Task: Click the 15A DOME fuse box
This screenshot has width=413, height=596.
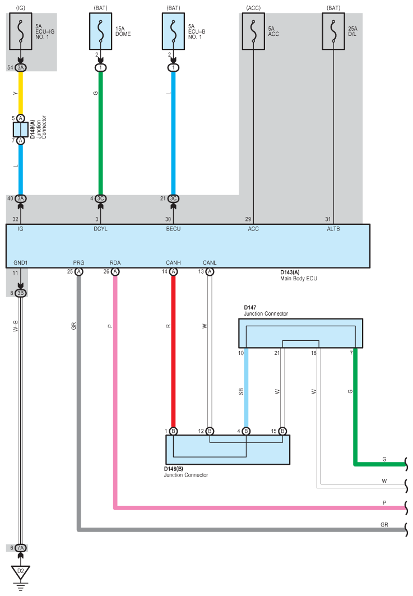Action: pyautogui.click(x=101, y=31)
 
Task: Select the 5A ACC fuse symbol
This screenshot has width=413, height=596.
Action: pyautogui.click(x=253, y=31)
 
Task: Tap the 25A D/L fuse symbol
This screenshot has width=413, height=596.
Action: pyautogui.click(x=333, y=31)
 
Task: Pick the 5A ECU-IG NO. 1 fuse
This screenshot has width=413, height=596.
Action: pyautogui.click(x=21, y=31)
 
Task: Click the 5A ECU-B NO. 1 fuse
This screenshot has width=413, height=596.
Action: pyautogui.click(x=173, y=31)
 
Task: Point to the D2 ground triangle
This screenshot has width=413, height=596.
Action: pyautogui.click(x=21, y=572)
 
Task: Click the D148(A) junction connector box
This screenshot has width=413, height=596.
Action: pyautogui.click(x=21, y=130)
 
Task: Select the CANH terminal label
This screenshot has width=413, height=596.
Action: pyautogui.click(x=173, y=262)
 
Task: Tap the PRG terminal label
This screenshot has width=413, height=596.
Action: pyautogui.click(x=78, y=262)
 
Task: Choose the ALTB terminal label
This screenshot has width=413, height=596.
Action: pyautogui.click(x=333, y=229)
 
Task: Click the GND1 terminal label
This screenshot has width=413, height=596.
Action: pyautogui.click(x=21, y=262)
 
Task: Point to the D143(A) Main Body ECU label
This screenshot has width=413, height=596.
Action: pyautogui.click(x=299, y=275)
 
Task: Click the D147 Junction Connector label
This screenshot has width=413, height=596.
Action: pyautogui.click(x=266, y=311)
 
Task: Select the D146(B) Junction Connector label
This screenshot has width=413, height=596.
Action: pyautogui.click(x=186, y=472)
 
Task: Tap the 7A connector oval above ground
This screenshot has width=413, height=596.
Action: pyautogui.click(x=21, y=548)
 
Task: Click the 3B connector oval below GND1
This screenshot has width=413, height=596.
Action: pyautogui.click(x=21, y=293)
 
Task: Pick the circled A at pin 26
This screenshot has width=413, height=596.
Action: pyautogui.click(x=115, y=271)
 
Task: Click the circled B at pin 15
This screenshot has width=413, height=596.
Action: pyautogui.click(x=282, y=431)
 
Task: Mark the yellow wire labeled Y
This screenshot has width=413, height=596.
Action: pyautogui.click(x=21, y=93)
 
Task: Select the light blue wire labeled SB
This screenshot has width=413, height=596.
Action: pyautogui.click(x=246, y=387)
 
